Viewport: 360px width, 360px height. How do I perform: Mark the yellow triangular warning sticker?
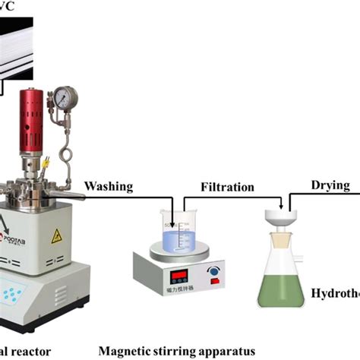[56, 236]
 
